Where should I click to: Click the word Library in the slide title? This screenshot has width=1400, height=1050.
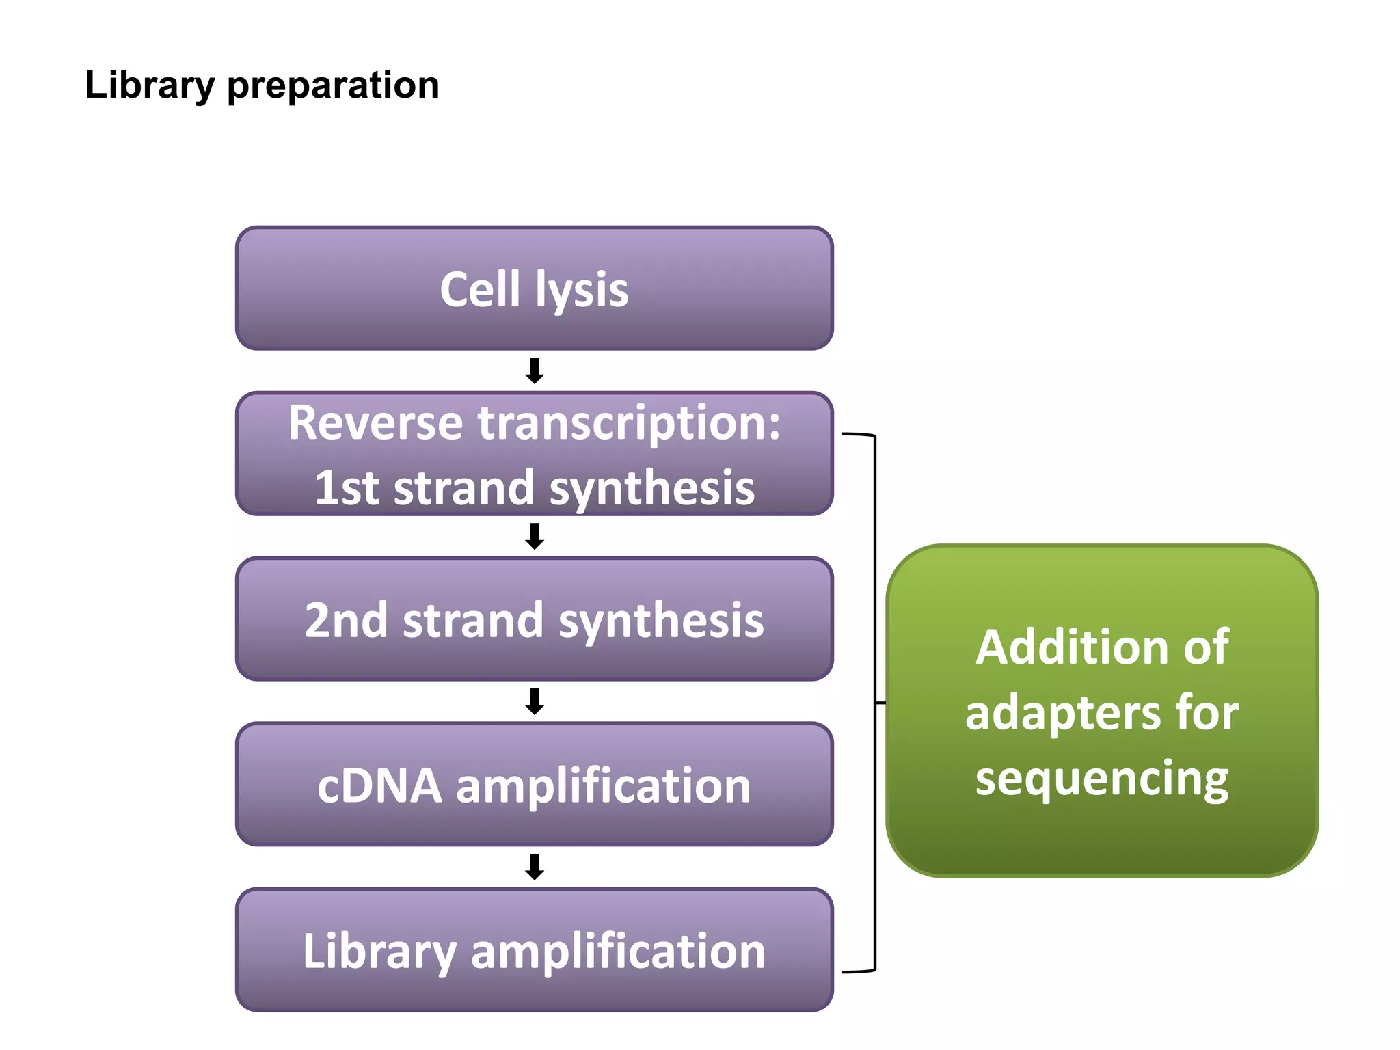(149, 85)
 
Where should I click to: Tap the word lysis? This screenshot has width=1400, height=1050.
(581, 290)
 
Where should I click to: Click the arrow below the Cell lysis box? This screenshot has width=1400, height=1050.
(534, 371)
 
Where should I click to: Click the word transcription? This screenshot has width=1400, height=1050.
(629, 424)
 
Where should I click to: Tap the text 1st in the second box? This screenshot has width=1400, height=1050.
(345, 488)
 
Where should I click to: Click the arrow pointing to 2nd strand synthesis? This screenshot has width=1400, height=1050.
(534, 536)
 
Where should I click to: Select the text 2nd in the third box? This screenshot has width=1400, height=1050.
(345, 620)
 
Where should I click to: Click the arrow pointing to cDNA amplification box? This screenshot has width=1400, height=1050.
(534, 701)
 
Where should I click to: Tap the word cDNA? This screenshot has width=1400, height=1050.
(379, 785)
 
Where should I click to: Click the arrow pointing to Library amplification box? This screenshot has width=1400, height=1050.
(534, 867)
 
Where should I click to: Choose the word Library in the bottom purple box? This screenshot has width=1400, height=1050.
(379, 952)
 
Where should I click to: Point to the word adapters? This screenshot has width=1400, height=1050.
(1063, 713)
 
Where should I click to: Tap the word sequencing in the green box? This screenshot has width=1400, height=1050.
(1101, 779)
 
